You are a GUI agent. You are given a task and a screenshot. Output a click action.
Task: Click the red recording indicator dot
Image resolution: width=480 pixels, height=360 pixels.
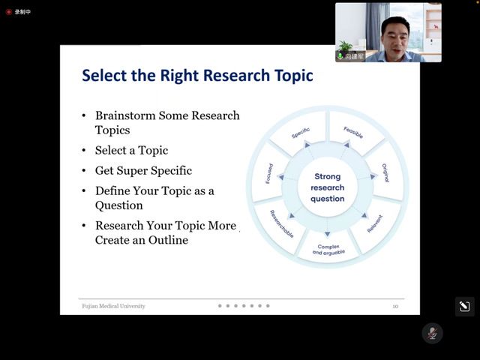(x=9, y=12)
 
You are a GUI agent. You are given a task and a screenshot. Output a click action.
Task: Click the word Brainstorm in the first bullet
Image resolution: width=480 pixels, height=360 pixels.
(x=125, y=115)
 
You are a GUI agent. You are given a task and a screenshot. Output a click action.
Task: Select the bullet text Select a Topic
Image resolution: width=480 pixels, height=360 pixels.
(x=132, y=151)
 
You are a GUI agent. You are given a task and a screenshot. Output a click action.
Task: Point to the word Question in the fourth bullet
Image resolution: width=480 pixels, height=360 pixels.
(x=119, y=205)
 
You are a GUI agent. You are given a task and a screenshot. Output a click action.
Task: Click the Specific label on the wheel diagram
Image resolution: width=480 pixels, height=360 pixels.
(x=301, y=133)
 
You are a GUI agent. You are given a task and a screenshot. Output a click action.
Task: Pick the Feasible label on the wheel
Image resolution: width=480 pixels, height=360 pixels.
(x=353, y=133)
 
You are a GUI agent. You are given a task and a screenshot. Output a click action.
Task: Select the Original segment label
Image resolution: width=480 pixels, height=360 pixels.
(x=385, y=173)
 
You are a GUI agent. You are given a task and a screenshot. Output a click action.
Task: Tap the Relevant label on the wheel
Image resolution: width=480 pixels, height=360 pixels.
(x=375, y=223)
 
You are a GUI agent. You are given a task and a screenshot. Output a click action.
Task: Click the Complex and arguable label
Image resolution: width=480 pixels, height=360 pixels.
(x=328, y=250)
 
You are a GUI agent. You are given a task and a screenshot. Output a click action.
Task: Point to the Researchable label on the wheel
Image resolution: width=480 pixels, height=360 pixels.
(x=282, y=223)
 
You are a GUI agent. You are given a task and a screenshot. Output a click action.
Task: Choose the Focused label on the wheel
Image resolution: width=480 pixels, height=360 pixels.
(x=269, y=173)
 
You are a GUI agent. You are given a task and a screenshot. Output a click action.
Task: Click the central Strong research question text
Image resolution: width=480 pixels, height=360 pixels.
(x=328, y=187)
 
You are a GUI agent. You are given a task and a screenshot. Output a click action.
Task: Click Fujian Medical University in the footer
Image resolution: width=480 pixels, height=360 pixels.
(x=113, y=306)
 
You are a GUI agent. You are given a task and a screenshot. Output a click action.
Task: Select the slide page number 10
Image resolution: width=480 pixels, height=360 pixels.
(x=395, y=307)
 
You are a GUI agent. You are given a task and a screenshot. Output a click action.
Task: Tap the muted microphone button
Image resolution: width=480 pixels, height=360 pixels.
(x=432, y=333)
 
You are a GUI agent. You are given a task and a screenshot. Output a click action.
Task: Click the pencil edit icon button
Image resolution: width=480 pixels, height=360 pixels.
(x=465, y=307)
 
